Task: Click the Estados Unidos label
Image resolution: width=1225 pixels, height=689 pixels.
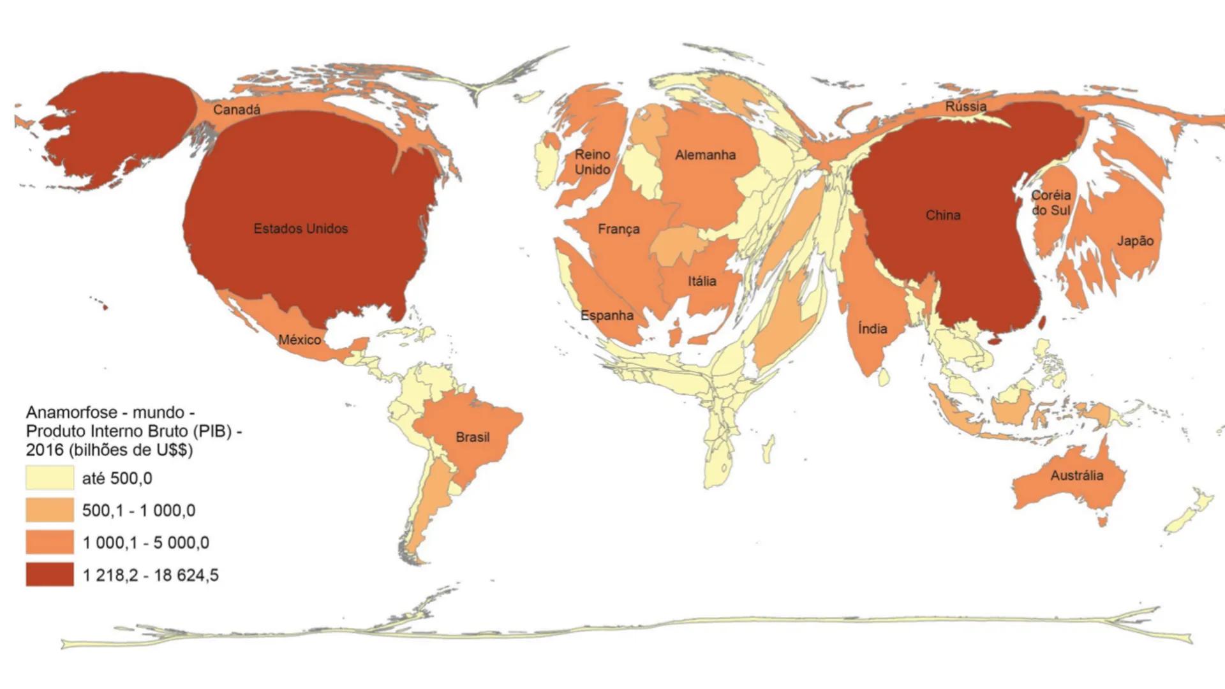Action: tap(301, 228)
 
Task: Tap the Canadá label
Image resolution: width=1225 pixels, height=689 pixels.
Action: tap(237, 110)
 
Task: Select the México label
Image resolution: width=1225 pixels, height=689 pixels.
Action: tap(299, 339)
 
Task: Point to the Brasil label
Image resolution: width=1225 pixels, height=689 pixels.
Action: tap(472, 437)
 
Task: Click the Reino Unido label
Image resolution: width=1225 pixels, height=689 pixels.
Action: tap(592, 162)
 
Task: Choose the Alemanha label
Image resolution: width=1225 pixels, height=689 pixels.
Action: tap(705, 155)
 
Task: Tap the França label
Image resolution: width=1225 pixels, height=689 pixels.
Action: tap(618, 229)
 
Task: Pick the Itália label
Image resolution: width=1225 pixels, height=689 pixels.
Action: tap(702, 281)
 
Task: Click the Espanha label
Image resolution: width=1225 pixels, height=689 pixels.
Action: tap(607, 315)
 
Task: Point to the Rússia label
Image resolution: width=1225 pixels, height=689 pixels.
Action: tap(965, 107)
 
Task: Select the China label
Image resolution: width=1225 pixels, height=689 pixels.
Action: tap(943, 216)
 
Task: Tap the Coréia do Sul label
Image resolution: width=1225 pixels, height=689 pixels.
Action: tap(1051, 203)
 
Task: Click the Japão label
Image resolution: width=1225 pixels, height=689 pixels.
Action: tap(1135, 241)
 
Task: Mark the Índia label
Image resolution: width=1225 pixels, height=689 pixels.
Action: tap(872, 329)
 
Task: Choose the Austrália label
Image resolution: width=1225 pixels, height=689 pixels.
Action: tap(1076, 475)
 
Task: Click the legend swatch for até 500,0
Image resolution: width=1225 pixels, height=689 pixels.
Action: tap(50, 478)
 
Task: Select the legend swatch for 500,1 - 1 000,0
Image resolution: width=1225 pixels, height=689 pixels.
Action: tap(50, 510)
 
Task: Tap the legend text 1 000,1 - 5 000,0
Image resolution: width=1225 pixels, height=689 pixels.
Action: tap(145, 543)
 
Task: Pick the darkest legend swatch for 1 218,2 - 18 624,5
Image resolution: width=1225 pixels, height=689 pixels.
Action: tap(50, 575)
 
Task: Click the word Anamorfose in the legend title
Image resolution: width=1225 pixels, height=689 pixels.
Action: tap(71, 412)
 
